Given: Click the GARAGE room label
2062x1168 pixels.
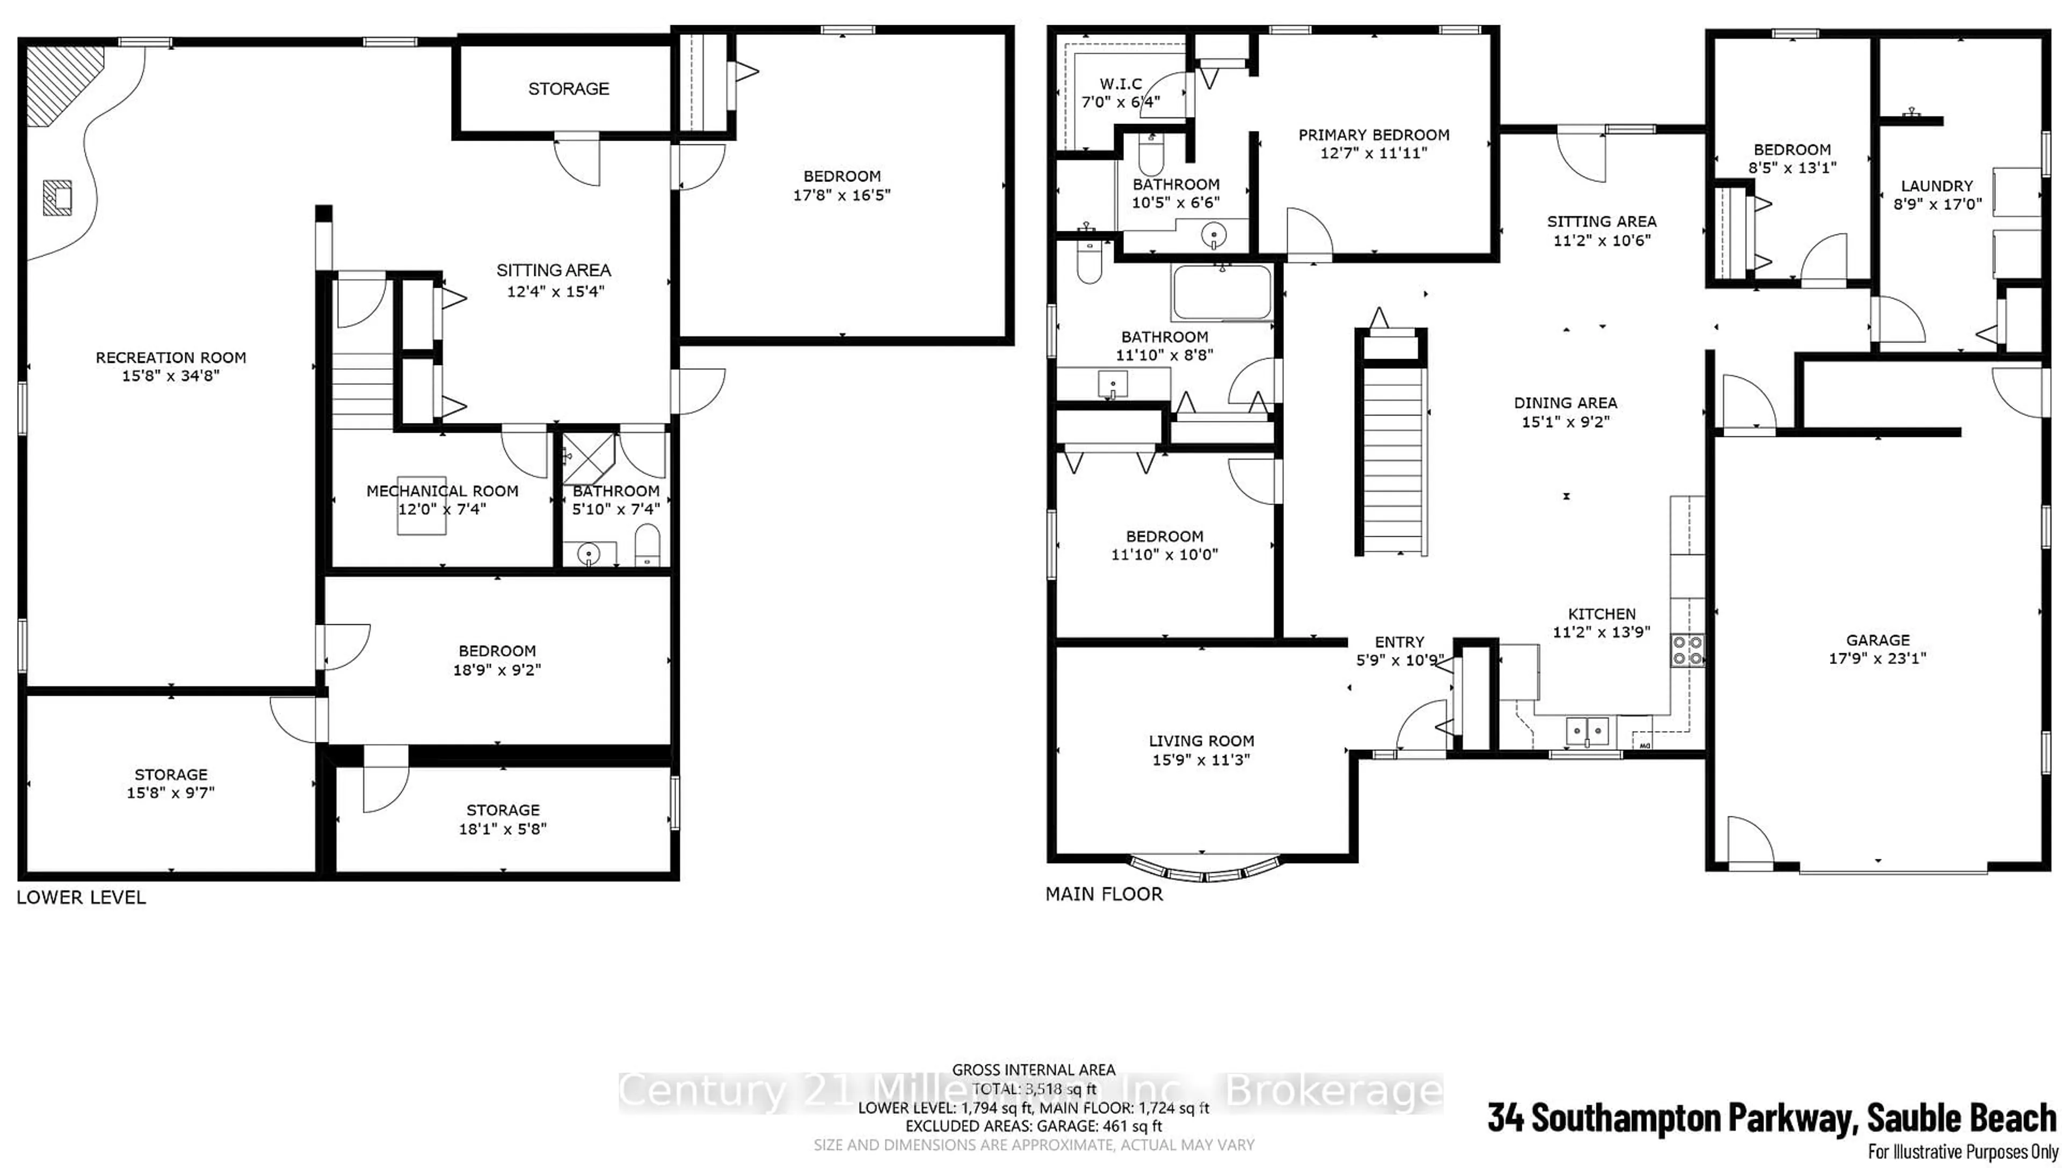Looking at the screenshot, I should tap(1877, 640).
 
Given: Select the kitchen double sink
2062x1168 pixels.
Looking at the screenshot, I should tap(1586, 730).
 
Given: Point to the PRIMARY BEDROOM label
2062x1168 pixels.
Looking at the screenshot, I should tap(1374, 135).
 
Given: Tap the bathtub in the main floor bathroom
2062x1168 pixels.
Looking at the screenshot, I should tap(1221, 293).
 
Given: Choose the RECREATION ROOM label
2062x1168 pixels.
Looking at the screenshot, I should tap(171, 358).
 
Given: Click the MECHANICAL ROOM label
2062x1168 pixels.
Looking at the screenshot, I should tap(442, 491).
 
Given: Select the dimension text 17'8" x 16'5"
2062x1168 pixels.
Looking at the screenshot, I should tap(841, 195).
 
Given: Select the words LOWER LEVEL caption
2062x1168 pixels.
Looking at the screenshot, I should tap(81, 897).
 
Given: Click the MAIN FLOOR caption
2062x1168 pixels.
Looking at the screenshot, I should tap(1103, 894).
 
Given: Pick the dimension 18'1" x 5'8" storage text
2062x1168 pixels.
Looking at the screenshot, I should tap(502, 829).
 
